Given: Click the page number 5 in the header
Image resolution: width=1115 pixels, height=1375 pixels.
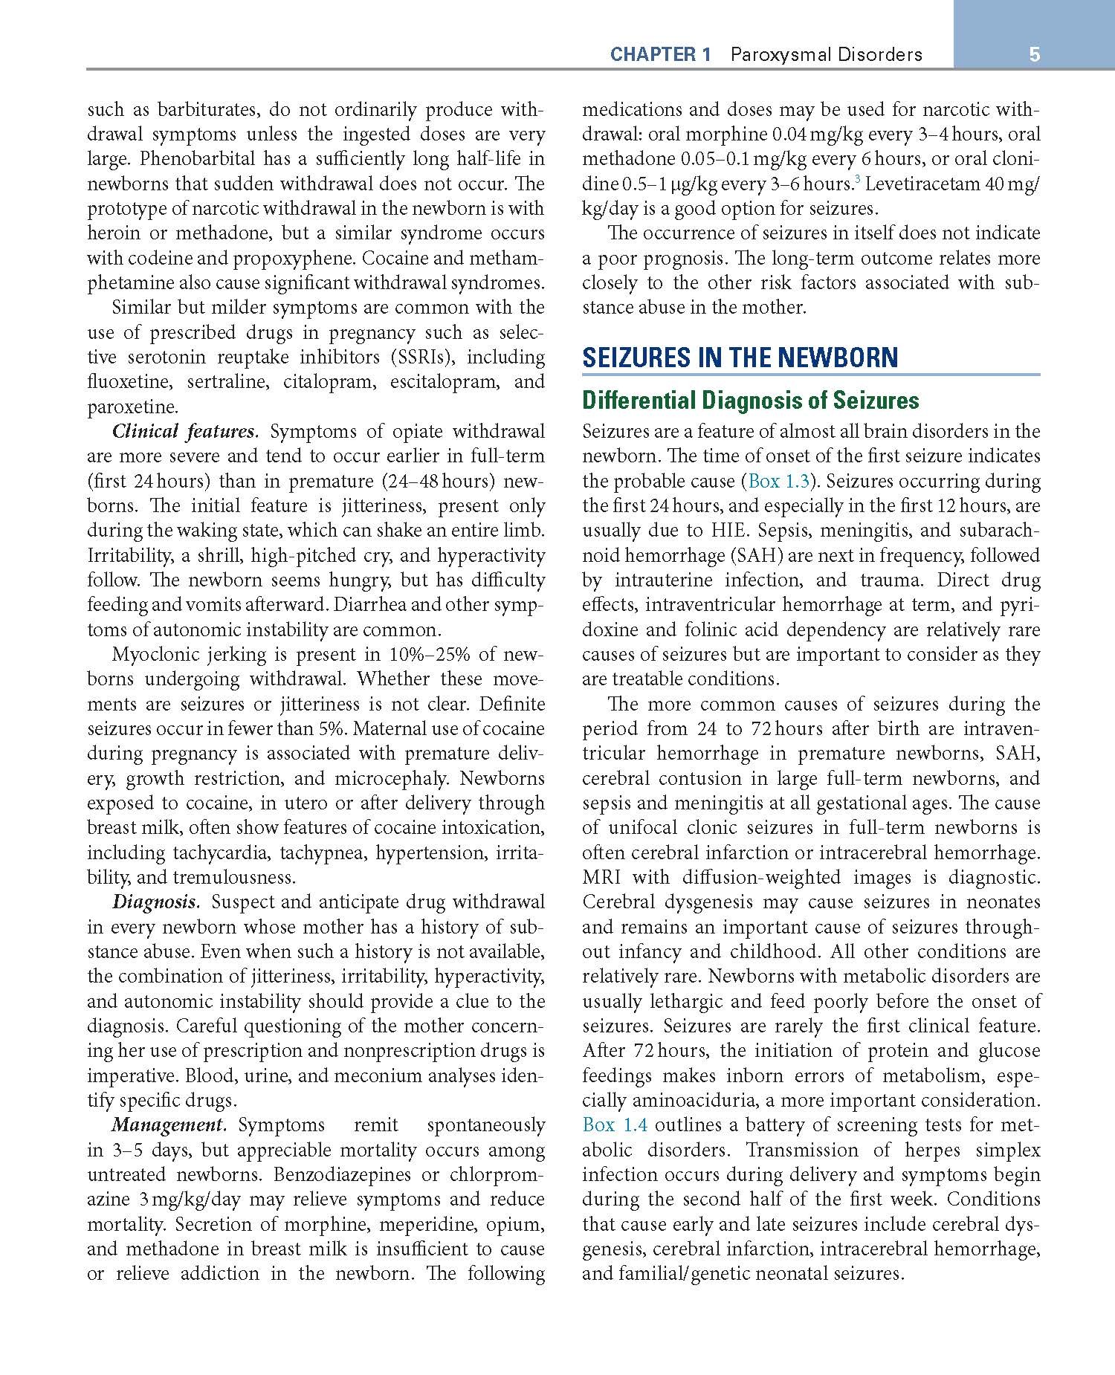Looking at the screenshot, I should coord(1034,54).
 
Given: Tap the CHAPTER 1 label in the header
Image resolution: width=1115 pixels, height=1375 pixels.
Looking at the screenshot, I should coord(660,54).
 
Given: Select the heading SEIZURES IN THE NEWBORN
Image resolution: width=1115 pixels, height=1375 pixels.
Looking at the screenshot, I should coord(740,358).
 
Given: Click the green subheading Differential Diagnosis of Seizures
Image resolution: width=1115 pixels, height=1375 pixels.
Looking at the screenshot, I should coord(750,401).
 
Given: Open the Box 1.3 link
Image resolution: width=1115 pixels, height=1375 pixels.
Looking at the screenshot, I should coord(778,481).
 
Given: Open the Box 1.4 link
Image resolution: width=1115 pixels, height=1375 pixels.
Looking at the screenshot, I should coord(615,1125).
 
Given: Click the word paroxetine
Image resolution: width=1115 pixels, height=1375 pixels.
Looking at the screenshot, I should coord(132,407).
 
